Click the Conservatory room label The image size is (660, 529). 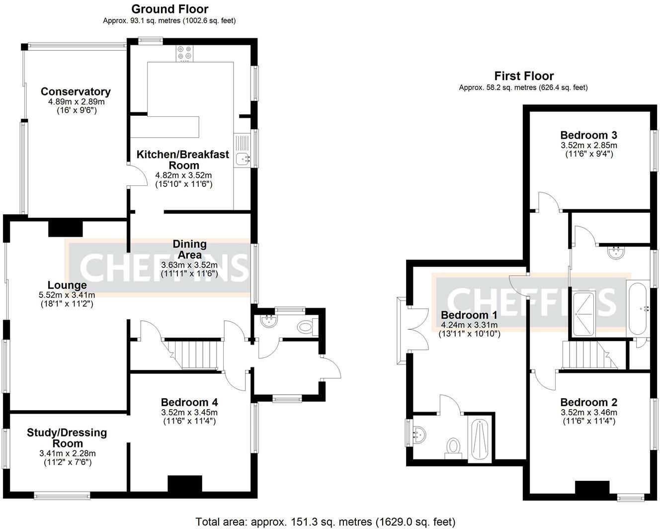pos(76,91)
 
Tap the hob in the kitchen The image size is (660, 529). pos(184,53)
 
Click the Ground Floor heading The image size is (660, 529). pos(169,9)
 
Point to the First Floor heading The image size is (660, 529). pos(524,76)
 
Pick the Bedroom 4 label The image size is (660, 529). pos(189,402)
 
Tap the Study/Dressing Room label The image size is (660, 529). pos(67,438)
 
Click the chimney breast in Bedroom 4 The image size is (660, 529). pos(184,484)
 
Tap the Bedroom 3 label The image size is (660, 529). pos(588,135)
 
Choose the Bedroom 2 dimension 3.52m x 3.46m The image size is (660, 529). pos(589,412)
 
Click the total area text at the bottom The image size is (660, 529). pos(326,522)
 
